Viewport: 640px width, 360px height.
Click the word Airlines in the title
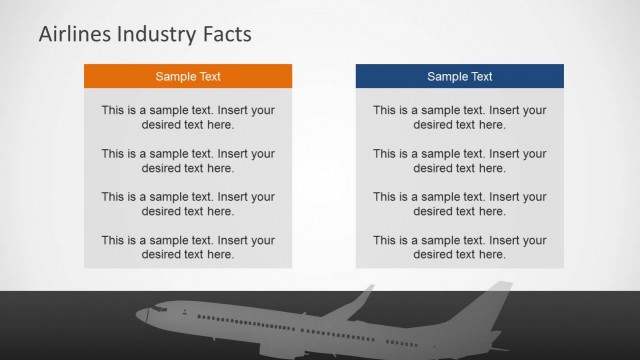[72, 34]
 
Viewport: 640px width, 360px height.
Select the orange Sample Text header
[188, 76]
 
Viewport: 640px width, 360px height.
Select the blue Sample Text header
[460, 76]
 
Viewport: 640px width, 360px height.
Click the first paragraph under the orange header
[188, 117]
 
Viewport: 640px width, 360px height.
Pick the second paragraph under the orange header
[188, 161]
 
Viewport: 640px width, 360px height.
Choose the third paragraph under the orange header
[188, 204]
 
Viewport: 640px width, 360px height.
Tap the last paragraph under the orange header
[188, 247]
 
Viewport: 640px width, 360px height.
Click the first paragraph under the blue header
[460, 117]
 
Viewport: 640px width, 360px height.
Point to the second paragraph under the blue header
[460, 161]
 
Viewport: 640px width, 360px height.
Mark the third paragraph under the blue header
[460, 204]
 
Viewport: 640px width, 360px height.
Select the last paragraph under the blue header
[460, 247]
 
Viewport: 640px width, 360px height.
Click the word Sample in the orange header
[176, 76]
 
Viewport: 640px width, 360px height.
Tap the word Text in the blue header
[480, 76]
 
